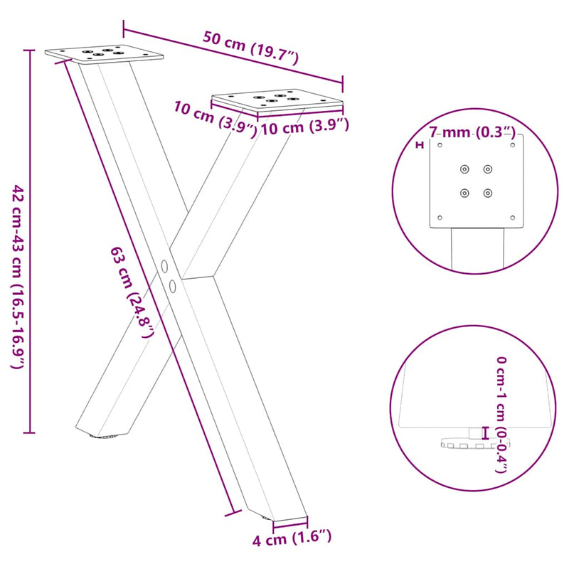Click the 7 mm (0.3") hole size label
point(472,132)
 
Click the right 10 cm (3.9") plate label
point(304,127)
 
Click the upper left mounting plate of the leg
point(104,53)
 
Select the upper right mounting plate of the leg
point(277,100)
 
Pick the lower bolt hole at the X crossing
point(173,286)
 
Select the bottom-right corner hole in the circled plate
point(512,218)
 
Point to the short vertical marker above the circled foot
point(486,432)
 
